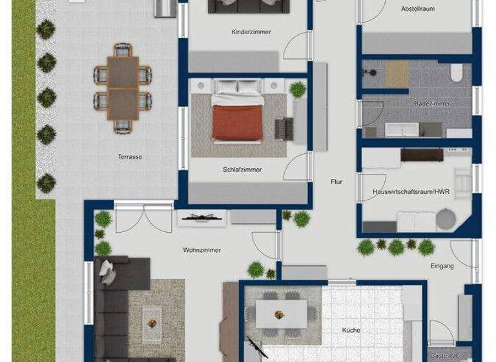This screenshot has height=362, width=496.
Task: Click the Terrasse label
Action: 130,157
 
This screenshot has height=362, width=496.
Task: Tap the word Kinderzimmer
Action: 251,32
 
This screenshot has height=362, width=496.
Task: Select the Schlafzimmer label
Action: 242,170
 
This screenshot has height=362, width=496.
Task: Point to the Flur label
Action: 336,182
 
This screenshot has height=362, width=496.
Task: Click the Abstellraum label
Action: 418,9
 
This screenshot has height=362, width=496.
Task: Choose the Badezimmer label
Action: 432,103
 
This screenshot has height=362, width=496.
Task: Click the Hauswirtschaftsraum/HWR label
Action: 411,192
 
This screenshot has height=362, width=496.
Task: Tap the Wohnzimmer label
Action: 202,250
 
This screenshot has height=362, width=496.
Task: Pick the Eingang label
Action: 442,266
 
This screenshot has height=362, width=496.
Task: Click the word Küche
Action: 351,330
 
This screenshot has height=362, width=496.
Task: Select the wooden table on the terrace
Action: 123,88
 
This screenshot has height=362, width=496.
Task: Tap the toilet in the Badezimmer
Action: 457,73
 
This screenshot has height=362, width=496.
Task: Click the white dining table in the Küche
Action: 281,314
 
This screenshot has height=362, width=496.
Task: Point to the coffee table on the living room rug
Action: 153,317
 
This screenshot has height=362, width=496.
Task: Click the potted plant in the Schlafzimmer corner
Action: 298,90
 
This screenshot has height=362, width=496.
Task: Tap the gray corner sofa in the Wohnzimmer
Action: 113,304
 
